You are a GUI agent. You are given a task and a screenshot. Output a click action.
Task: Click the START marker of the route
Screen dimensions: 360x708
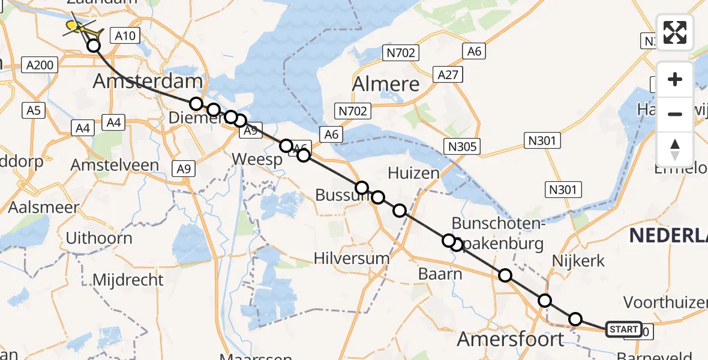point(623,329)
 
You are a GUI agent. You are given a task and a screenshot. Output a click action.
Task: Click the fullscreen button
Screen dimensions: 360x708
point(675,32)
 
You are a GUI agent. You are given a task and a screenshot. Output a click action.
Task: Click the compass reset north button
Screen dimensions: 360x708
point(675,149)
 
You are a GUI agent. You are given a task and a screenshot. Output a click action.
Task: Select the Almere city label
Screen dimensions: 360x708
point(386,84)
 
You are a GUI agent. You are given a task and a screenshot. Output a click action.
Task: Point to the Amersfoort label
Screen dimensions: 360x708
point(511,338)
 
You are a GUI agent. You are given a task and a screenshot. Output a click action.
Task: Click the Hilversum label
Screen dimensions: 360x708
point(352,259)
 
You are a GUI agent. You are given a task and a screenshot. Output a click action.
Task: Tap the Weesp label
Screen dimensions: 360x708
point(257,160)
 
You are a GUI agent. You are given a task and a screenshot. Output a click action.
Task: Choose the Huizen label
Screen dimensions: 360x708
point(413,173)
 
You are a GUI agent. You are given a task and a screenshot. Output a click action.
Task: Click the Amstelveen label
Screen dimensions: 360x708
point(115,165)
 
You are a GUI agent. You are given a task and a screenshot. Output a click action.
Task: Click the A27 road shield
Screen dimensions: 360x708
point(448,74)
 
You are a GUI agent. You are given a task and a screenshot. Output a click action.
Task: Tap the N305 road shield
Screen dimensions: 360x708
point(462,146)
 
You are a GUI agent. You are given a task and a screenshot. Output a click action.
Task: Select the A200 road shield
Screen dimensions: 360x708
point(40,65)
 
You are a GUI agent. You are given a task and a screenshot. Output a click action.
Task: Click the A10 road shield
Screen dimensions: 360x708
point(125,36)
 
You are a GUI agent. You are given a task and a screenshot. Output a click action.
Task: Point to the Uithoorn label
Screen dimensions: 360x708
point(98,238)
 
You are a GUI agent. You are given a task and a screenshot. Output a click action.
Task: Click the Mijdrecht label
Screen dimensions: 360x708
point(128,280)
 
